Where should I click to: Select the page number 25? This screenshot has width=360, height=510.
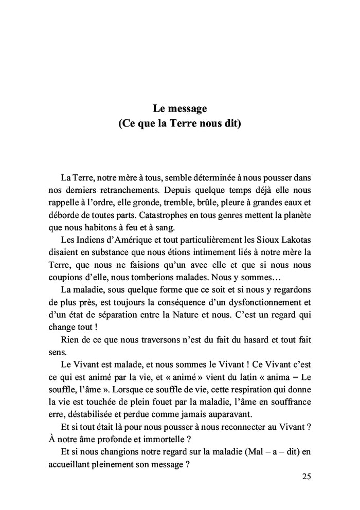click(x=306, y=477)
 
